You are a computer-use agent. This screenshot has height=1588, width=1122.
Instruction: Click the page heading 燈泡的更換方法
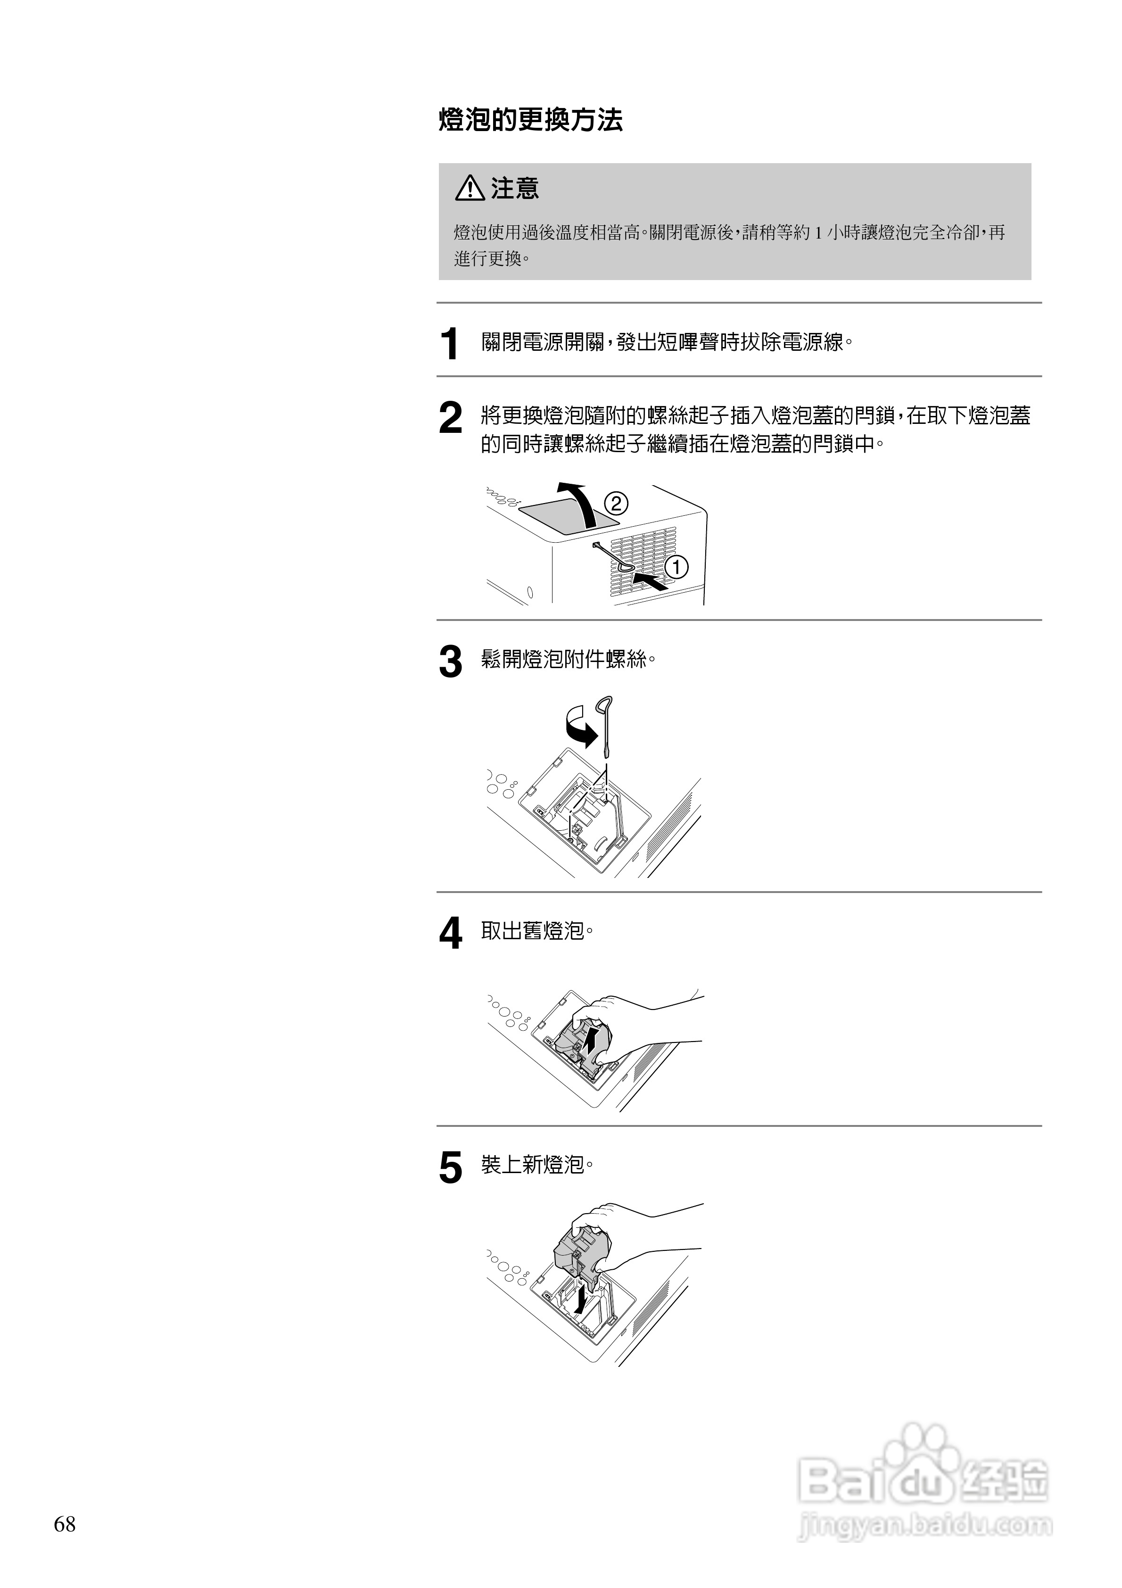(x=530, y=120)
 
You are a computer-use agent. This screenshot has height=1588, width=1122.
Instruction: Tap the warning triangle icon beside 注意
(x=469, y=188)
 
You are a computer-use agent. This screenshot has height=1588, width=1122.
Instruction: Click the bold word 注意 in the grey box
(x=515, y=188)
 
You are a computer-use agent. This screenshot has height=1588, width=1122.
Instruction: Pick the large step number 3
(x=450, y=662)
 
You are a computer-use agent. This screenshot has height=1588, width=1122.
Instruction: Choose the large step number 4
(x=450, y=934)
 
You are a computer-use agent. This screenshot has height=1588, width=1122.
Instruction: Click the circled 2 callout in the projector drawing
(x=616, y=503)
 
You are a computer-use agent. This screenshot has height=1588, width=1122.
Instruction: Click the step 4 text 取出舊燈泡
(x=537, y=931)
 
